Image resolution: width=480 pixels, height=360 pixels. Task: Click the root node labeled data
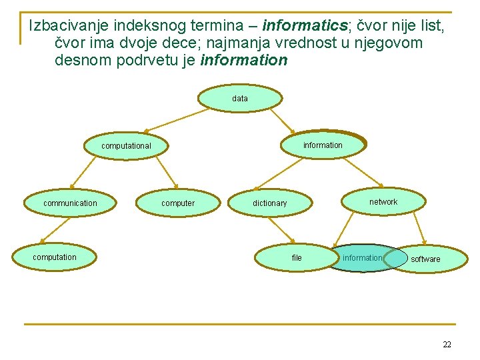point(240,98)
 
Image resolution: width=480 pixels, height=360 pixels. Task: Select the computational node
point(126,145)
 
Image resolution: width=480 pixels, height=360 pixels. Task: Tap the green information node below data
point(323,145)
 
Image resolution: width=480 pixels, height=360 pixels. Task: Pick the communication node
point(70,203)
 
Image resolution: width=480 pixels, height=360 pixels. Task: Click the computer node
point(178,203)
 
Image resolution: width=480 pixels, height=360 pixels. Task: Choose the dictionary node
point(269,203)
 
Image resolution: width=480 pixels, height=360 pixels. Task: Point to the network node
point(383,201)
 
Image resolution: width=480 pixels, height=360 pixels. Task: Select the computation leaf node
point(55,257)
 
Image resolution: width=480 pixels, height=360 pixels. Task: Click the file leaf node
point(297,258)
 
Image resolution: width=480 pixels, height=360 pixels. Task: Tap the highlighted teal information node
point(363,258)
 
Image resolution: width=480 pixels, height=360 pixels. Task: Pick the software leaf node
point(425,259)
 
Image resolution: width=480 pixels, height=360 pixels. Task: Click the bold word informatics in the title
point(303,26)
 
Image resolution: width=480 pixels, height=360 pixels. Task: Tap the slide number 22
point(447,345)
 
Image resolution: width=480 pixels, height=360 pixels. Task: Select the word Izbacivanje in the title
point(69,26)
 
